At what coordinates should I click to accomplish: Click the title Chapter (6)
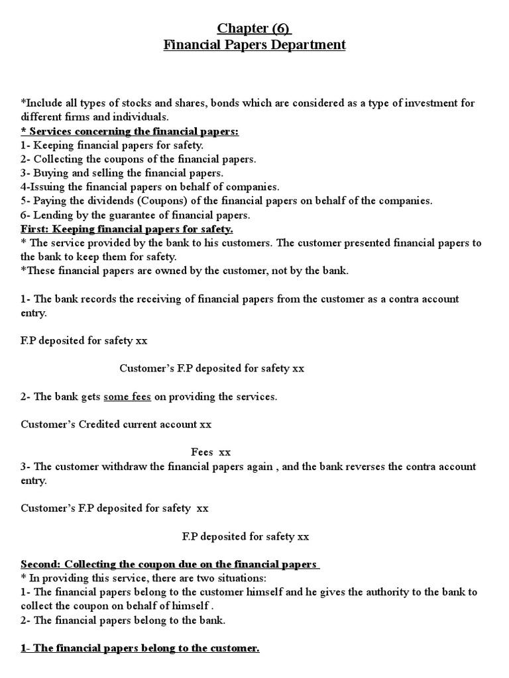coord(254,28)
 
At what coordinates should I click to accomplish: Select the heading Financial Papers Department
coord(254,45)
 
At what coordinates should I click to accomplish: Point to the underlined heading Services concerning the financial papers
coord(130,131)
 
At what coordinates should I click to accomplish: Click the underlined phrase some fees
coord(127,397)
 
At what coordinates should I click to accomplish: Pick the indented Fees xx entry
coord(211,452)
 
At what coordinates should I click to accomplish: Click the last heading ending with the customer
coord(140,648)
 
